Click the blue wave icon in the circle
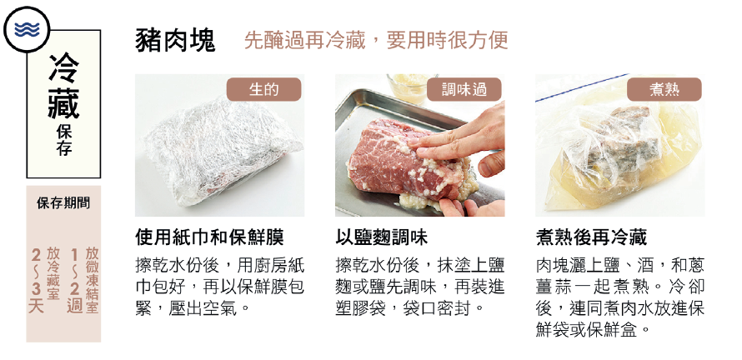(27, 30)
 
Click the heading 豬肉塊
(175, 40)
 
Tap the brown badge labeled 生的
(263, 89)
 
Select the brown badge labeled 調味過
(464, 89)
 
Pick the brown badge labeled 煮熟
(664, 89)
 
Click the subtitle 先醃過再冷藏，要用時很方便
(376, 40)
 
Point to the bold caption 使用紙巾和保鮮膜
(209, 237)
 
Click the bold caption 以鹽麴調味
(381, 237)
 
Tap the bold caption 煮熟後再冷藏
(591, 237)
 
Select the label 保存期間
(63, 203)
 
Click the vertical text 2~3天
(36, 281)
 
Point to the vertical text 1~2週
(74, 281)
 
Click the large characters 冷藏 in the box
(63, 86)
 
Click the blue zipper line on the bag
(582, 87)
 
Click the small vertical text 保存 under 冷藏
(63, 141)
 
